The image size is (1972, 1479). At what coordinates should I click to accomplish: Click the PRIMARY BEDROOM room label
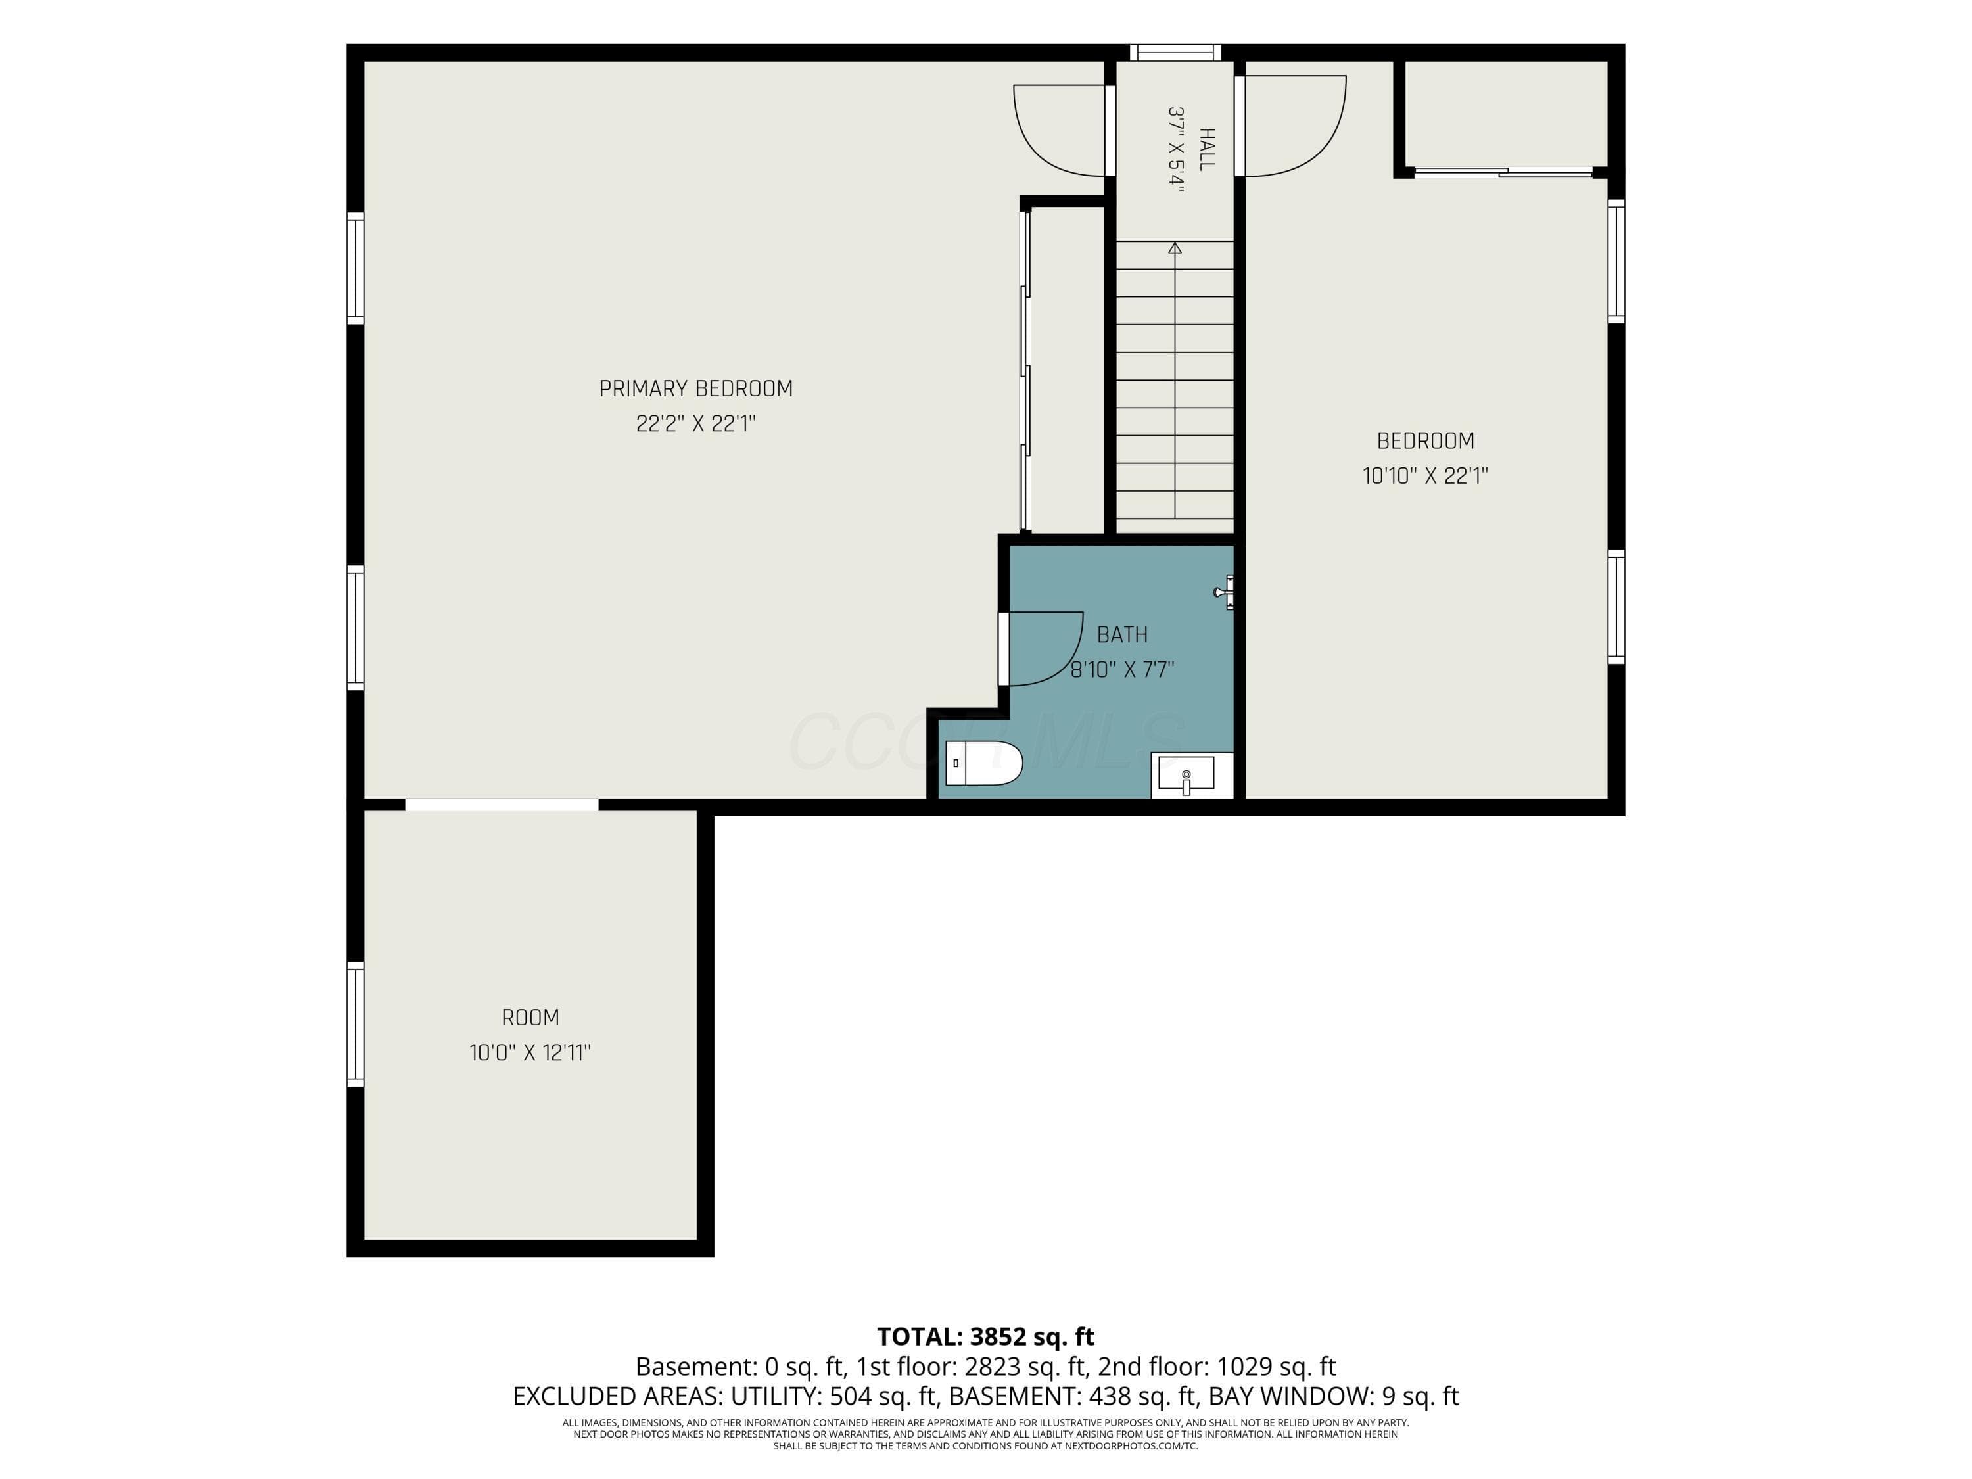pos(695,388)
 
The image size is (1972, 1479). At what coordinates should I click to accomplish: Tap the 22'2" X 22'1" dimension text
pos(695,423)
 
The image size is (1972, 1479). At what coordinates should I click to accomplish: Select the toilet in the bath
pos(983,763)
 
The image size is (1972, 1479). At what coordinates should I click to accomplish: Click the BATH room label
pos(1123,635)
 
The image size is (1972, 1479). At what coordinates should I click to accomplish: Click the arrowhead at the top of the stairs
pos(1175,248)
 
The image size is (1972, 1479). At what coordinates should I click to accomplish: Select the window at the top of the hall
pos(1175,53)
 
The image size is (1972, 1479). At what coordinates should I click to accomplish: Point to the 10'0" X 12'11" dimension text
pos(530,1053)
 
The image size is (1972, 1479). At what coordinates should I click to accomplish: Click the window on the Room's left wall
pos(355,1024)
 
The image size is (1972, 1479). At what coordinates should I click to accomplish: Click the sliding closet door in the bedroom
pos(1503,172)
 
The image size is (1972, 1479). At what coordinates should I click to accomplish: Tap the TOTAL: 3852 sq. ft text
pos(985,1336)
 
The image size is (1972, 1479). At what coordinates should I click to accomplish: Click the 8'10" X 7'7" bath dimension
pos(1123,670)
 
